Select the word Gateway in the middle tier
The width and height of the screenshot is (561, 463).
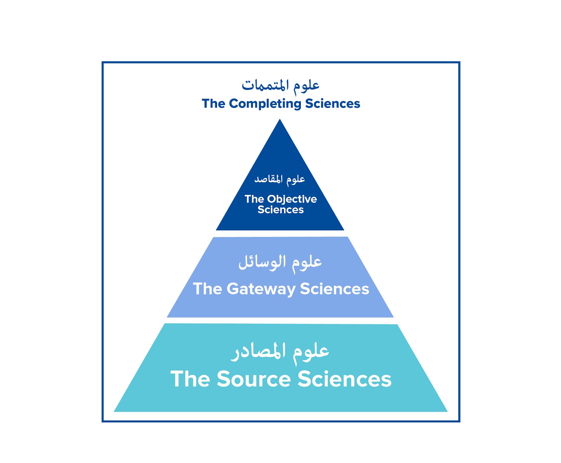click(x=261, y=289)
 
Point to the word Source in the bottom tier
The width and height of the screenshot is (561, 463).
click(x=254, y=379)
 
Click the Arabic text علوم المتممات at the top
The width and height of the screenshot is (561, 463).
click(x=280, y=85)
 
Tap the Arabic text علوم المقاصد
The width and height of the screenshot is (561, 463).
click(x=280, y=179)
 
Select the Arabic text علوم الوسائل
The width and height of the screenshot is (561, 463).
click(x=280, y=262)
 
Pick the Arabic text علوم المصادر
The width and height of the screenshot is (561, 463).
click(x=280, y=352)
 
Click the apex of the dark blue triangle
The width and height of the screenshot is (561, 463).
click(x=280, y=120)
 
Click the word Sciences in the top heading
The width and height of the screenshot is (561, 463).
click(x=332, y=104)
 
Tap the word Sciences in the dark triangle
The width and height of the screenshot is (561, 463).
click(x=280, y=210)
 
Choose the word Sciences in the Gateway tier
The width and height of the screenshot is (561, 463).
click(x=334, y=289)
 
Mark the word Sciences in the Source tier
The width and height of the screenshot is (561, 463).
click(x=344, y=379)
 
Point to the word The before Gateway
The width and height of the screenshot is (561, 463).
click(x=208, y=289)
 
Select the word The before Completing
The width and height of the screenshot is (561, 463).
click(x=213, y=104)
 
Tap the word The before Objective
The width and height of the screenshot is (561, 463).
click(x=254, y=199)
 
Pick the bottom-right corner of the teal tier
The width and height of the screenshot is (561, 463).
click(x=447, y=411)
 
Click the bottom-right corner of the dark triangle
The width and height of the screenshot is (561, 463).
click(x=343, y=230)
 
